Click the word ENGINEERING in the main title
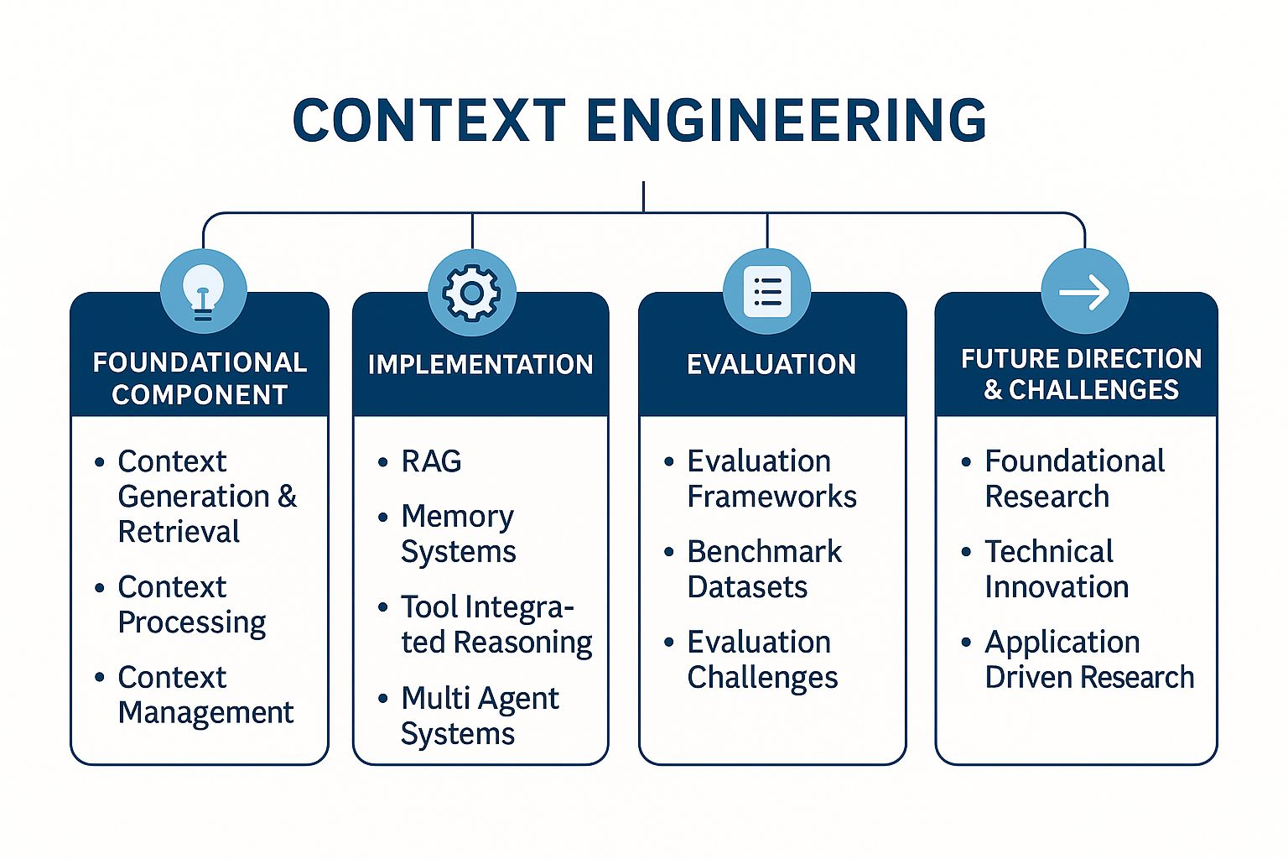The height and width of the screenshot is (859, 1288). coord(786,120)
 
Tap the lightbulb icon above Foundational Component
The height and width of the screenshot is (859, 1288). coord(202,293)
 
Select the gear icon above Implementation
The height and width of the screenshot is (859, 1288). coord(471,293)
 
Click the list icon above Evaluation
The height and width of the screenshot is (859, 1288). coord(766,292)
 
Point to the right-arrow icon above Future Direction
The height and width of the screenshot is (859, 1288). coord(1084,292)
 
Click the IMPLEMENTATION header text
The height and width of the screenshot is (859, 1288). coord(480,365)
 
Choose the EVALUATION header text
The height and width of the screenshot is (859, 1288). coord(771,365)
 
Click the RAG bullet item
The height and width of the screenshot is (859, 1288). coord(431,461)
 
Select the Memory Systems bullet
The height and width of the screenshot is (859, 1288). coord(458,534)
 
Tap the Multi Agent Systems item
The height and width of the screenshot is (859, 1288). coord(480,716)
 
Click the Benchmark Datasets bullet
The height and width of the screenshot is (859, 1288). coord(763,569)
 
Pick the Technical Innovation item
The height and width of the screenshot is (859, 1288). coord(1057,569)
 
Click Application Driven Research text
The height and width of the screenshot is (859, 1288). coord(1088,659)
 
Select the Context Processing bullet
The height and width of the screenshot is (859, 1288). coord(191,604)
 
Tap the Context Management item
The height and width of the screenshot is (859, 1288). coord(205,695)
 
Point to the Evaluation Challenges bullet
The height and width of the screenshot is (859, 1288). coord(761,659)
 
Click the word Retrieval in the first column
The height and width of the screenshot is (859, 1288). coord(179,532)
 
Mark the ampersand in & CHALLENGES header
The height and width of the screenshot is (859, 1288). coord(993,391)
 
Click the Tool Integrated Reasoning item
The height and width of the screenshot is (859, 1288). coord(495,624)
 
